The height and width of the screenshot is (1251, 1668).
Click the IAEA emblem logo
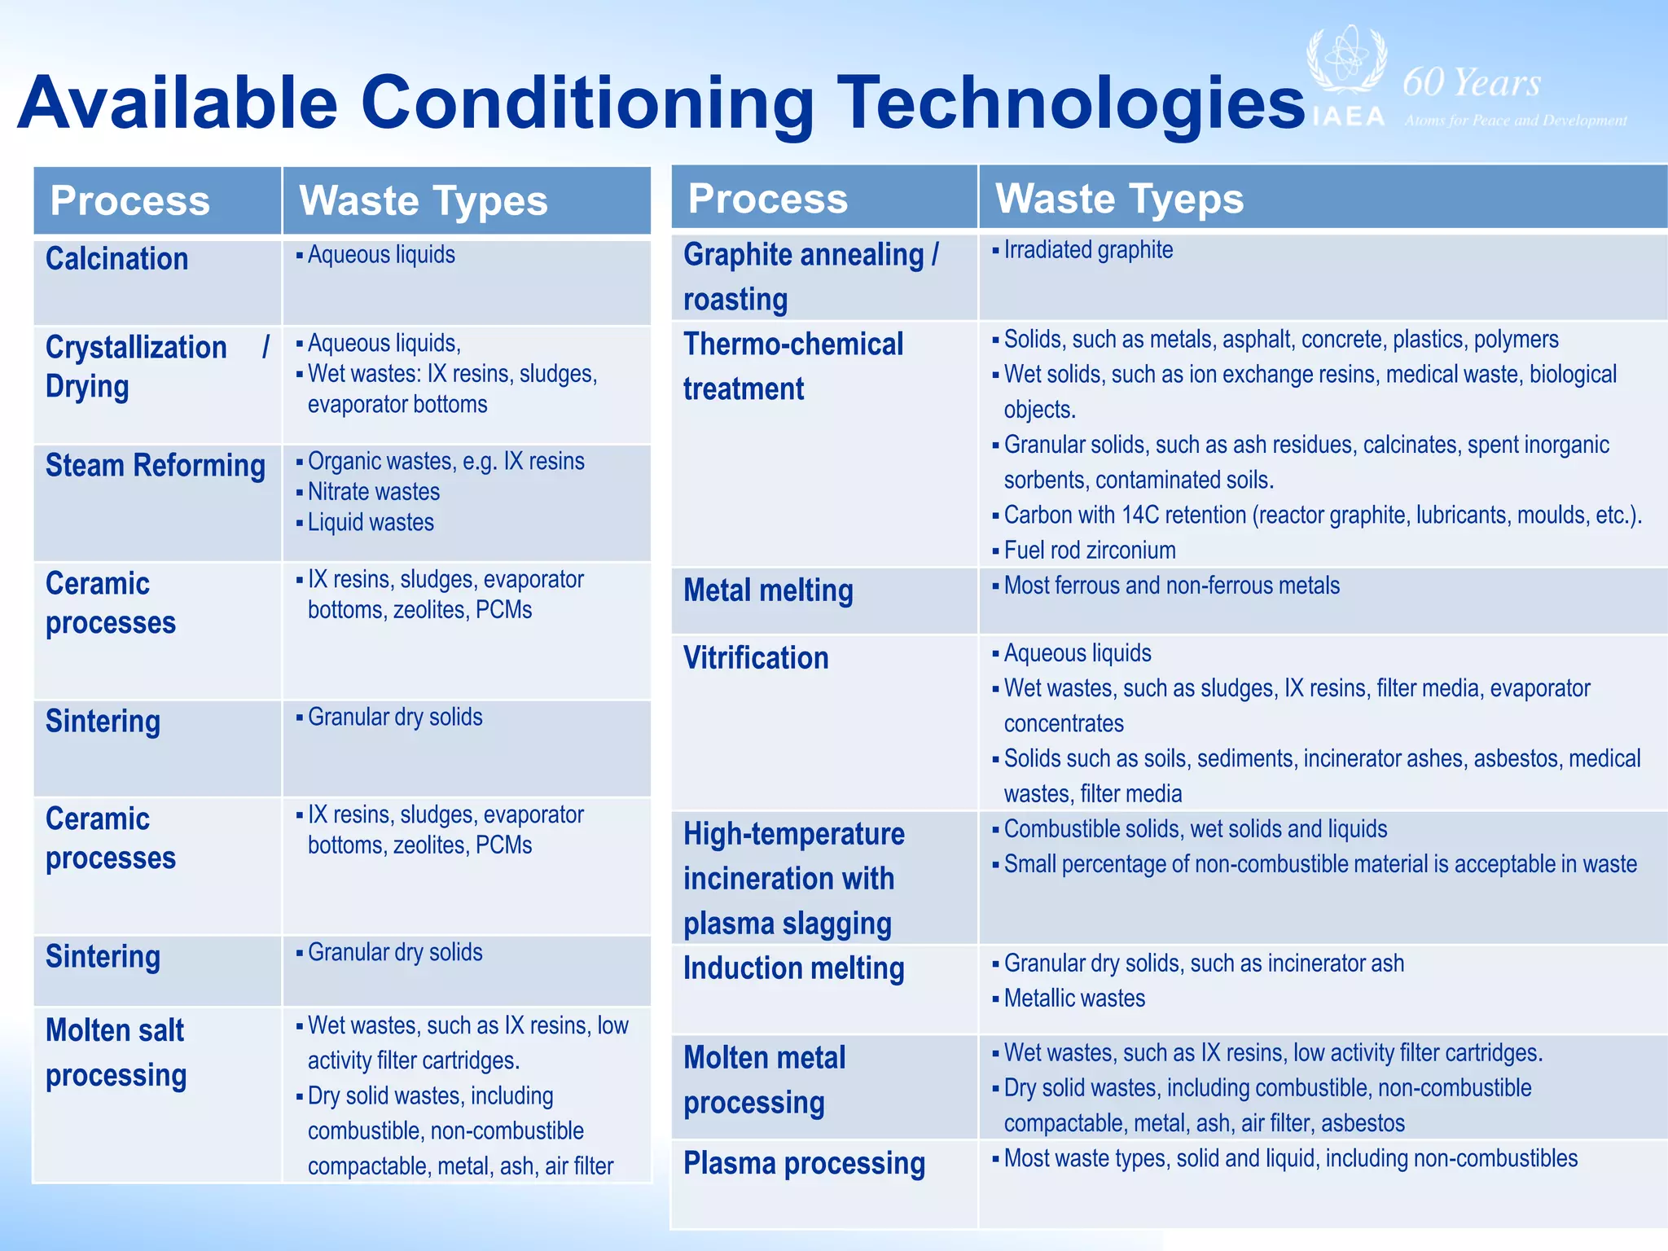[x=1346, y=62]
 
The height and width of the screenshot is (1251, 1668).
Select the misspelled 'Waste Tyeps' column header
[x=1119, y=199]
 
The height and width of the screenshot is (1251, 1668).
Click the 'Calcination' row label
[x=116, y=259]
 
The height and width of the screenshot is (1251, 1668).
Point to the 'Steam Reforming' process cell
[x=155, y=466]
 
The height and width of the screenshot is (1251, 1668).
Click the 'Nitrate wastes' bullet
[x=373, y=492]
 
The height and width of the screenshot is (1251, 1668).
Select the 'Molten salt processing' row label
[x=116, y=1052]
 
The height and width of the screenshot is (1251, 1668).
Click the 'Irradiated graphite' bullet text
[x=1087, y=250]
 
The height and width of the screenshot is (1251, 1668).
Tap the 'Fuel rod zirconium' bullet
[x=1089, y=551]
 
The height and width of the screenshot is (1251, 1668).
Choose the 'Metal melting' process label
[x=768, y=590]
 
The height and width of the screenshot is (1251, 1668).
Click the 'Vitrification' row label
[x=755, y=658]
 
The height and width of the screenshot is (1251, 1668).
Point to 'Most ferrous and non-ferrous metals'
[x=1170, y=586]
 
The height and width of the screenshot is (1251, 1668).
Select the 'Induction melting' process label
[x=793, y=968]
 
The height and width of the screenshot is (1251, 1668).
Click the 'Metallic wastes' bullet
[x=1073, y=999]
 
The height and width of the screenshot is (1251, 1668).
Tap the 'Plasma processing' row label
[x=804, y=1163]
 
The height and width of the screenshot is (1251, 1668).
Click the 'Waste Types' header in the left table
[x=424, y=201]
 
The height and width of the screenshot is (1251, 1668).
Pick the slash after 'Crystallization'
[x=266, y=347]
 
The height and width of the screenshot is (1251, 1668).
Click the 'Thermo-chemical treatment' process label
[x=792, y=367]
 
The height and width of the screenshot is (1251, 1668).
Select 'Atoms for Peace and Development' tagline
[x=1515, y=121]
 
